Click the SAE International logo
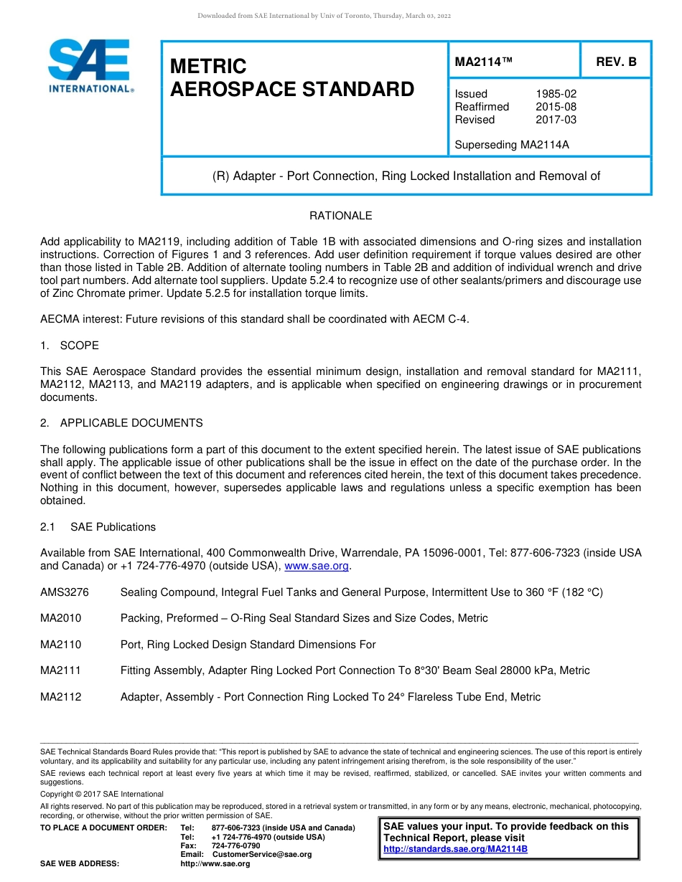click(90, 66)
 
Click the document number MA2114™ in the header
click(484, 62)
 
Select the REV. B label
click(616, 62)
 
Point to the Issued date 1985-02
click(556, 94)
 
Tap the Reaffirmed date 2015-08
click(556, 107)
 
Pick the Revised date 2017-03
click(556, 120)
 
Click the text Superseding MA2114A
click(512, 145)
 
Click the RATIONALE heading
click(340, 216)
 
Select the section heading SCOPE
click(79, 346)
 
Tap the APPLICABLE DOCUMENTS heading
click(131, 423)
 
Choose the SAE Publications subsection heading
click(113, 527)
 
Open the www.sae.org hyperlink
click(317, 566)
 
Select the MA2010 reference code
click(61, 618)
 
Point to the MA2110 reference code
click(61, 645)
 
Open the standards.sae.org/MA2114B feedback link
click(455, 849)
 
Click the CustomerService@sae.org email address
click(262, 855)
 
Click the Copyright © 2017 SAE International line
click(102, 795)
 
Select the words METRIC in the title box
click(208, 67)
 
